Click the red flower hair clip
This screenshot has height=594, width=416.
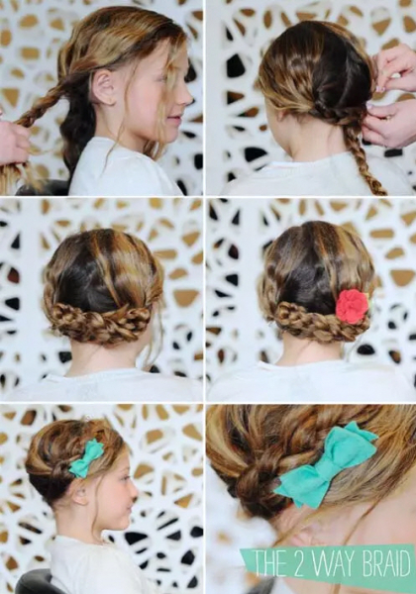pyautogui.click(x=352, y=306)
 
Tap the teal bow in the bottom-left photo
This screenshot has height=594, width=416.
pyautogui.click(x=86, y=458)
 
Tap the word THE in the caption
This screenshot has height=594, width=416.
pyautogui.click(x=271, y=563)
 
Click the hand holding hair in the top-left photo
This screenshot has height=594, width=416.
pyautogui.click(x=13, y=141)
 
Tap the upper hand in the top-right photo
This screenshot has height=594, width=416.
pyautogui.click(x=394, y=67)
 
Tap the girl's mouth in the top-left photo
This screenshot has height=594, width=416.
pyautogui.click(x=176, y=118)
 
